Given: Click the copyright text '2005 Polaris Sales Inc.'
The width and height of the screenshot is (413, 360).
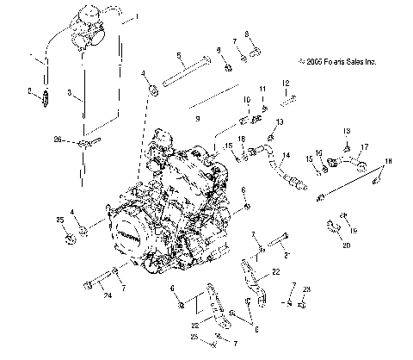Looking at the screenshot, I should coord(338,61).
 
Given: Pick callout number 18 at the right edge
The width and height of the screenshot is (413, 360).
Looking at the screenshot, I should coord(388,163).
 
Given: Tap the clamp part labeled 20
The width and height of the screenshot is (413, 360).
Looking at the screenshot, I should coord(332,228).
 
